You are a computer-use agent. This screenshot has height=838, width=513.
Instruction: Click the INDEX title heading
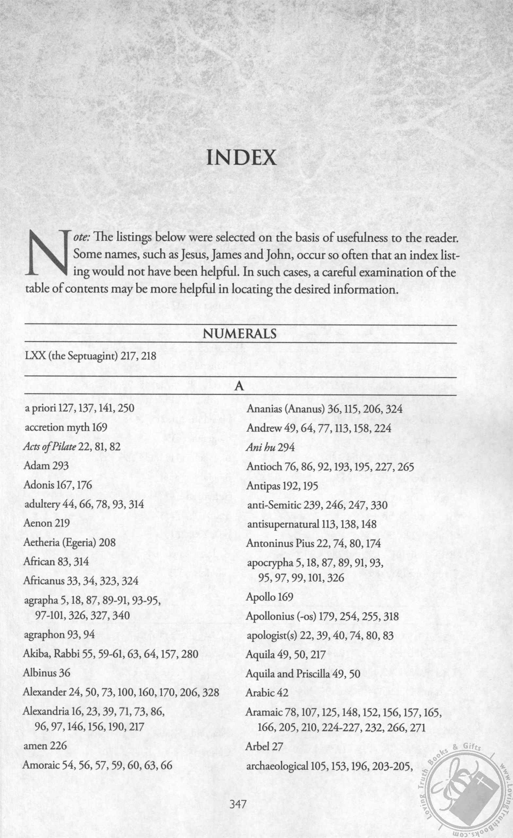pyautogui.click(x=242, y=157)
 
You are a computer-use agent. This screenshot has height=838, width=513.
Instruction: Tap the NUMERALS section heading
pyautogui.click(x=240, y=334)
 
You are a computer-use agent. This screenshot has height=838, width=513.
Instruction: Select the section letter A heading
pyautogui.click(x=240, y=387)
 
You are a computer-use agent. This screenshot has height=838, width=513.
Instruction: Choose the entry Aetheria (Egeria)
pyautogui.click(x=59, y=542)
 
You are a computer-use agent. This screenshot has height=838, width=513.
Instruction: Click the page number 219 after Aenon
pyautogui.click(x=62, y=523)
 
